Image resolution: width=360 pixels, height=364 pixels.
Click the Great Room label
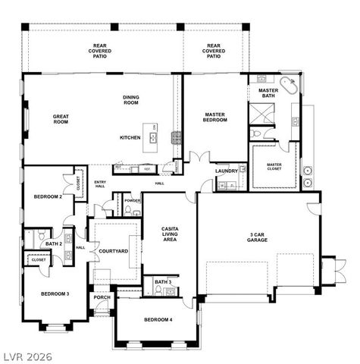coord(61,120)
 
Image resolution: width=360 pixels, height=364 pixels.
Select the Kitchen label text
coord(130,137)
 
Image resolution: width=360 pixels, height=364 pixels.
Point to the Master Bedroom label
coord(214,118)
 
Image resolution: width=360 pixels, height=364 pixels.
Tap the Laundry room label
coord(227,171)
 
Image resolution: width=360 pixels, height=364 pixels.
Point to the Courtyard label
coord(114,249)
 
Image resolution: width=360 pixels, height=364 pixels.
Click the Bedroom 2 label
coord(48,197)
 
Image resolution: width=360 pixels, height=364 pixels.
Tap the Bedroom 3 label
coord(55,293)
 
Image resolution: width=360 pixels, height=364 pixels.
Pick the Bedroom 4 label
coord(158,319)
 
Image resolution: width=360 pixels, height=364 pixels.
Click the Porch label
coord(102,298)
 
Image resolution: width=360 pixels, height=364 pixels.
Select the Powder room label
coord(133,201)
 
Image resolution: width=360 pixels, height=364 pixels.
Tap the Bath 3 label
coord(162,282)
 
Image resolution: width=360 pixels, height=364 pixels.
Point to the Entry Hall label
coord(100,184)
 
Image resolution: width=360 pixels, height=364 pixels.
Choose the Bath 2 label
coord(53,244)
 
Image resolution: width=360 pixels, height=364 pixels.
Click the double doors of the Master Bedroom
coord(199,158)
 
